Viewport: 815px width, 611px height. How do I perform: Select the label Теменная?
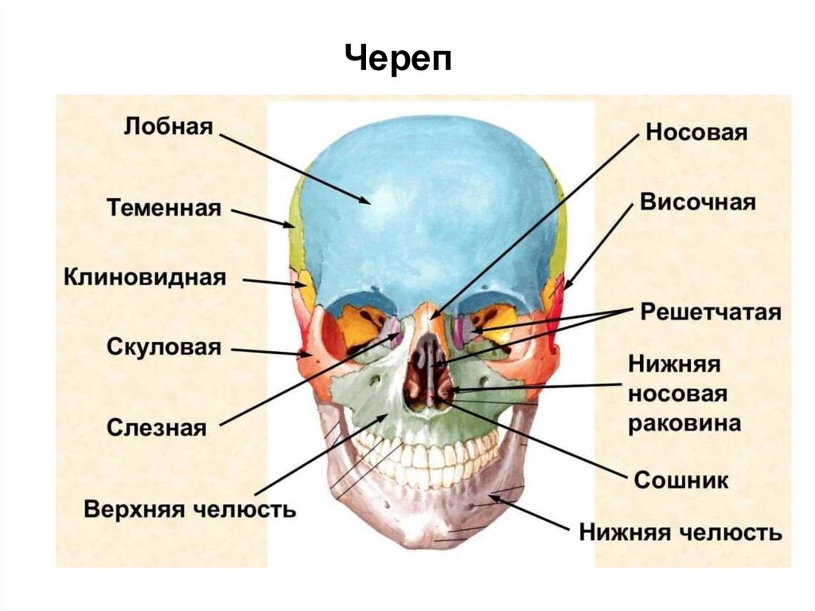tap(163, 208)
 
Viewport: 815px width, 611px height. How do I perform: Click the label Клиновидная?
tap(145, 277)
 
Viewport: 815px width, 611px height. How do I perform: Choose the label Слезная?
tap(156, 427)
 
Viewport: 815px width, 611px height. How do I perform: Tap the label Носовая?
tap(696, 131)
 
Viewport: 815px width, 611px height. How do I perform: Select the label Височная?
tap(697, 202)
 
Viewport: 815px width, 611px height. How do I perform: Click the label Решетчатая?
tap(711, 311)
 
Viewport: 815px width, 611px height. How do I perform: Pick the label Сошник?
tap(681, 480)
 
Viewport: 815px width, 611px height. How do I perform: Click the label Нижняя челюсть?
tap(680, 531)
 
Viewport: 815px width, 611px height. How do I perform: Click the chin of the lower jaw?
tap(430, 530)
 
